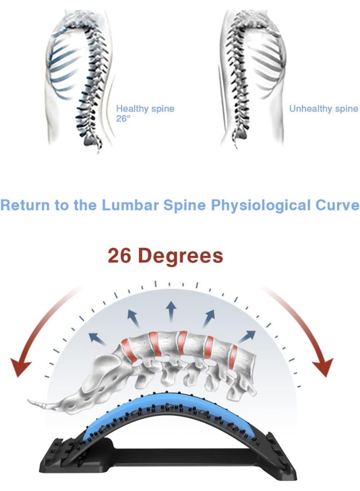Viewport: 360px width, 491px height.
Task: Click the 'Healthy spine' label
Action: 145,108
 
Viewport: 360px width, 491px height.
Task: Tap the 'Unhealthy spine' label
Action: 324,108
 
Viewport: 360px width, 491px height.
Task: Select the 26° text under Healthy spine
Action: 123,119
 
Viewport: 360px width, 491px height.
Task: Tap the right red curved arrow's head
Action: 323,367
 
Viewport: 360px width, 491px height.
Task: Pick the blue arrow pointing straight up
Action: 171,311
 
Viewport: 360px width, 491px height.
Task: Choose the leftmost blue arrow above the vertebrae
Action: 97,339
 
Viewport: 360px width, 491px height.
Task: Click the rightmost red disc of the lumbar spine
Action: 232,356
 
